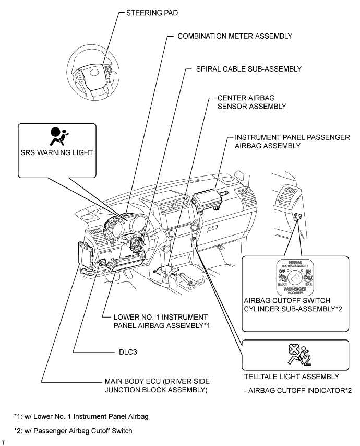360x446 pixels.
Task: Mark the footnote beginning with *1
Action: [x=80, y=416]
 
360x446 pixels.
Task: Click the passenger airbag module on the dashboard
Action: [x=210, y=201]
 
